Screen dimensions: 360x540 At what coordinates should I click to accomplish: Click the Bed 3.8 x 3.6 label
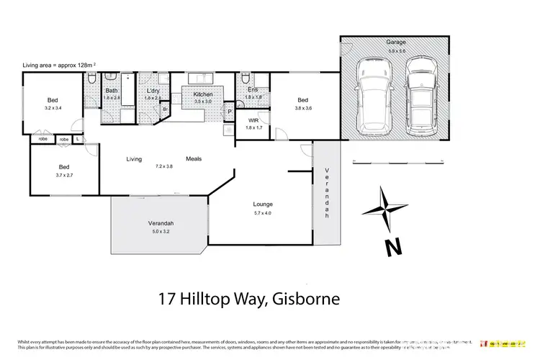(303, 104)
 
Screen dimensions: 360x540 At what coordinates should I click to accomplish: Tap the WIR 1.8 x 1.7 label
(253, 124)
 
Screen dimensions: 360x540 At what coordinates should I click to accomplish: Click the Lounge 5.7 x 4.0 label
(262, 208)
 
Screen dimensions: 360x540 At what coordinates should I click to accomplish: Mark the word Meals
(194, 159)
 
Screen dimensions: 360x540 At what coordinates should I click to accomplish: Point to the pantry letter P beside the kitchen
(230, 112)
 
